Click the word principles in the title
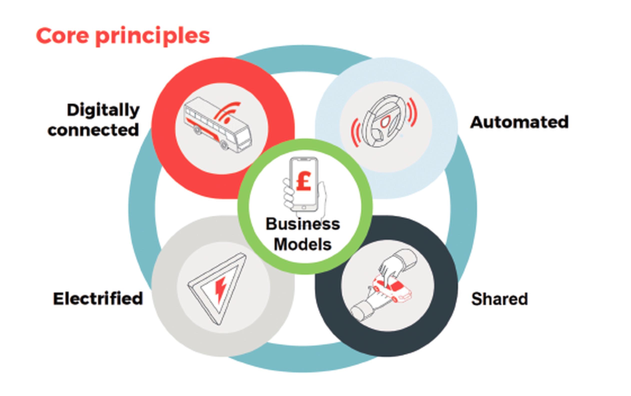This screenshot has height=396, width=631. coord(153,37)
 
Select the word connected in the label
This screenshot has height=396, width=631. coord(93,130)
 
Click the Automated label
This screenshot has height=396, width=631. coord(519,122)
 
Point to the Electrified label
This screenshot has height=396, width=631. coord(98,298)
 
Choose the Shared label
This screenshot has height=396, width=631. coord(499,299)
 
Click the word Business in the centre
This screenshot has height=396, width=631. coord(303,224)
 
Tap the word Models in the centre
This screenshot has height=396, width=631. coord(303,244)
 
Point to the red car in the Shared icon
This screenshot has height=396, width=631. coord(392,289)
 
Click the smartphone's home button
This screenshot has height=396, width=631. coord(304,207)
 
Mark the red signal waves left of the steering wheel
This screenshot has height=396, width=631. coord(355,132)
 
